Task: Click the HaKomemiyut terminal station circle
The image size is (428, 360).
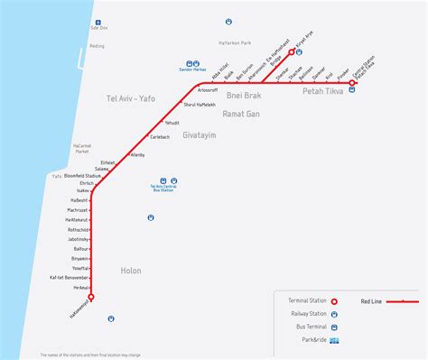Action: pos(91,296)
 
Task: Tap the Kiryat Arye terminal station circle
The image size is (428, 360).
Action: pos(303,52)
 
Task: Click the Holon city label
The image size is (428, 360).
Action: pos(131,270)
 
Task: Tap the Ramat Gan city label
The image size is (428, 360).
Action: pos(240,115)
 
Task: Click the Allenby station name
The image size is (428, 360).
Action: pos(137,155)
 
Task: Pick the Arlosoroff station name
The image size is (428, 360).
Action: pos(207,91)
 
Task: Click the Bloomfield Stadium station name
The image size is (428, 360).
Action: pos(82,175)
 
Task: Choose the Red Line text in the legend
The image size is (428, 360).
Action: pos(372,301)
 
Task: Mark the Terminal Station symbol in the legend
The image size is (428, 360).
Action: pos(334,301)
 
